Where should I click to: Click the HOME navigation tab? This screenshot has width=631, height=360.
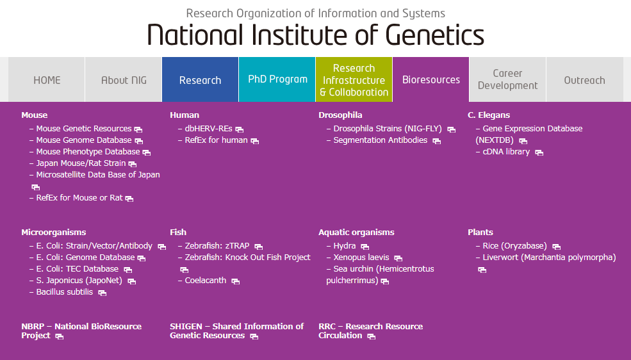pos(47,80)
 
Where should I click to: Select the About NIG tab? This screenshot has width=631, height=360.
pos(124,80)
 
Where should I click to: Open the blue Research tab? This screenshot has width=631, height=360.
pos(200,80)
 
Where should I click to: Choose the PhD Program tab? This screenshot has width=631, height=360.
pos(277,79)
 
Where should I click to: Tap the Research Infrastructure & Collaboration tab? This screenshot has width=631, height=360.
pos(354,80)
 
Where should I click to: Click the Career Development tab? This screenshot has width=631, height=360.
pos(507,79)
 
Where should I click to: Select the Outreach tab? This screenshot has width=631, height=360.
pos(584,80)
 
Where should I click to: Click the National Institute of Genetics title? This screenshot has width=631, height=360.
pos(315,35)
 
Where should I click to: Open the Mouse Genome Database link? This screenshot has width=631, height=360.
pos(83,140)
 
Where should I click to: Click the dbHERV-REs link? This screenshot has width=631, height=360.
pos(208,129)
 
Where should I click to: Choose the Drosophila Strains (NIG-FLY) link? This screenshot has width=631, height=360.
pos(387,129)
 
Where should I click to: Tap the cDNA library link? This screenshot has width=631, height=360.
pos(506,152)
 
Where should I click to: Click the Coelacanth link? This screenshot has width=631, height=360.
pos(205,281)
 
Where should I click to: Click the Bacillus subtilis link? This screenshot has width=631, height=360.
pos(64,292)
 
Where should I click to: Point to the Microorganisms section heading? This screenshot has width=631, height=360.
pos(53,233)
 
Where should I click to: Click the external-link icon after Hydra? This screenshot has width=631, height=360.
pos(365,247)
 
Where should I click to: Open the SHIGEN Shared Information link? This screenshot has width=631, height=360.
pos(236,331)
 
